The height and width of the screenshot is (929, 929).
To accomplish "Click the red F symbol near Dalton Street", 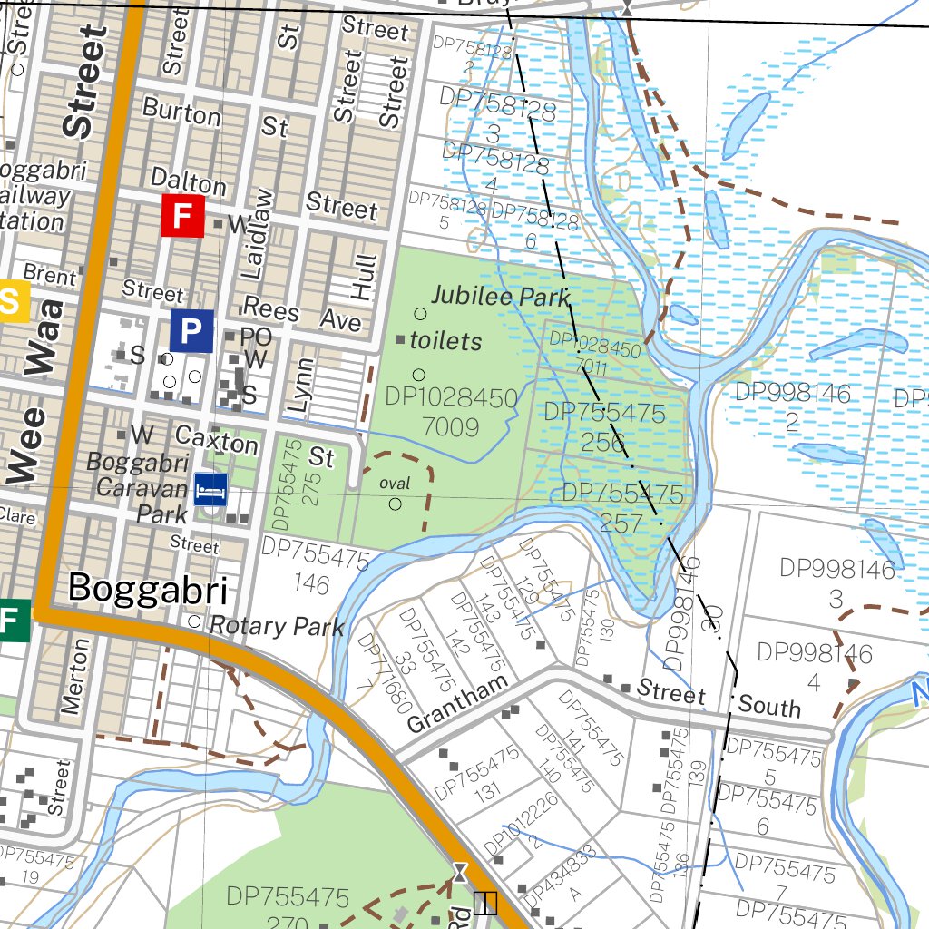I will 182,216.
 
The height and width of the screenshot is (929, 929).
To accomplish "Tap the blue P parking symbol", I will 191,331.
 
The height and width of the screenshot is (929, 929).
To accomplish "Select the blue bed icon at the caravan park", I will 210,490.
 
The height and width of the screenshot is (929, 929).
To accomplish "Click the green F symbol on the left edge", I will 11,621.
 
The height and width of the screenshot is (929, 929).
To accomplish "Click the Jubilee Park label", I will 501,296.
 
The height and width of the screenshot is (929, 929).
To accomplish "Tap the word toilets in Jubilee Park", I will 445,341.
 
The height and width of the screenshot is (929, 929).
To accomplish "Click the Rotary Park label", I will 277,625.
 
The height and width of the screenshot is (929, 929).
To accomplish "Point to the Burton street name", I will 181,112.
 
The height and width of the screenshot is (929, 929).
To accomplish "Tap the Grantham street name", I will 457,706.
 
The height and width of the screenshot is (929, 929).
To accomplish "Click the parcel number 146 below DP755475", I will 312,582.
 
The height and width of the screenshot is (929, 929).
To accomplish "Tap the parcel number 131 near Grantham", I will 486,790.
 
